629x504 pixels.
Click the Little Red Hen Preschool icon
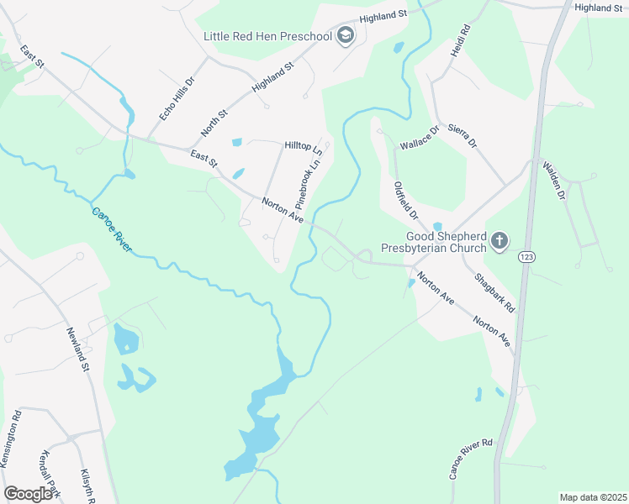coord(345,36)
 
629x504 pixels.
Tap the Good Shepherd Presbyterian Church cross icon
coord(499,242)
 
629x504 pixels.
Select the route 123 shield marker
coord(527,255)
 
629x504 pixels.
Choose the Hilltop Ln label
coord(304,146)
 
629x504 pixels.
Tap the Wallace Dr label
coord(420,135)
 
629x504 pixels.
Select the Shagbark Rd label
coord(494,292)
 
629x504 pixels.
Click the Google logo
coord(29,494)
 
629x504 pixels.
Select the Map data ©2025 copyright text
coord(592,497)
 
